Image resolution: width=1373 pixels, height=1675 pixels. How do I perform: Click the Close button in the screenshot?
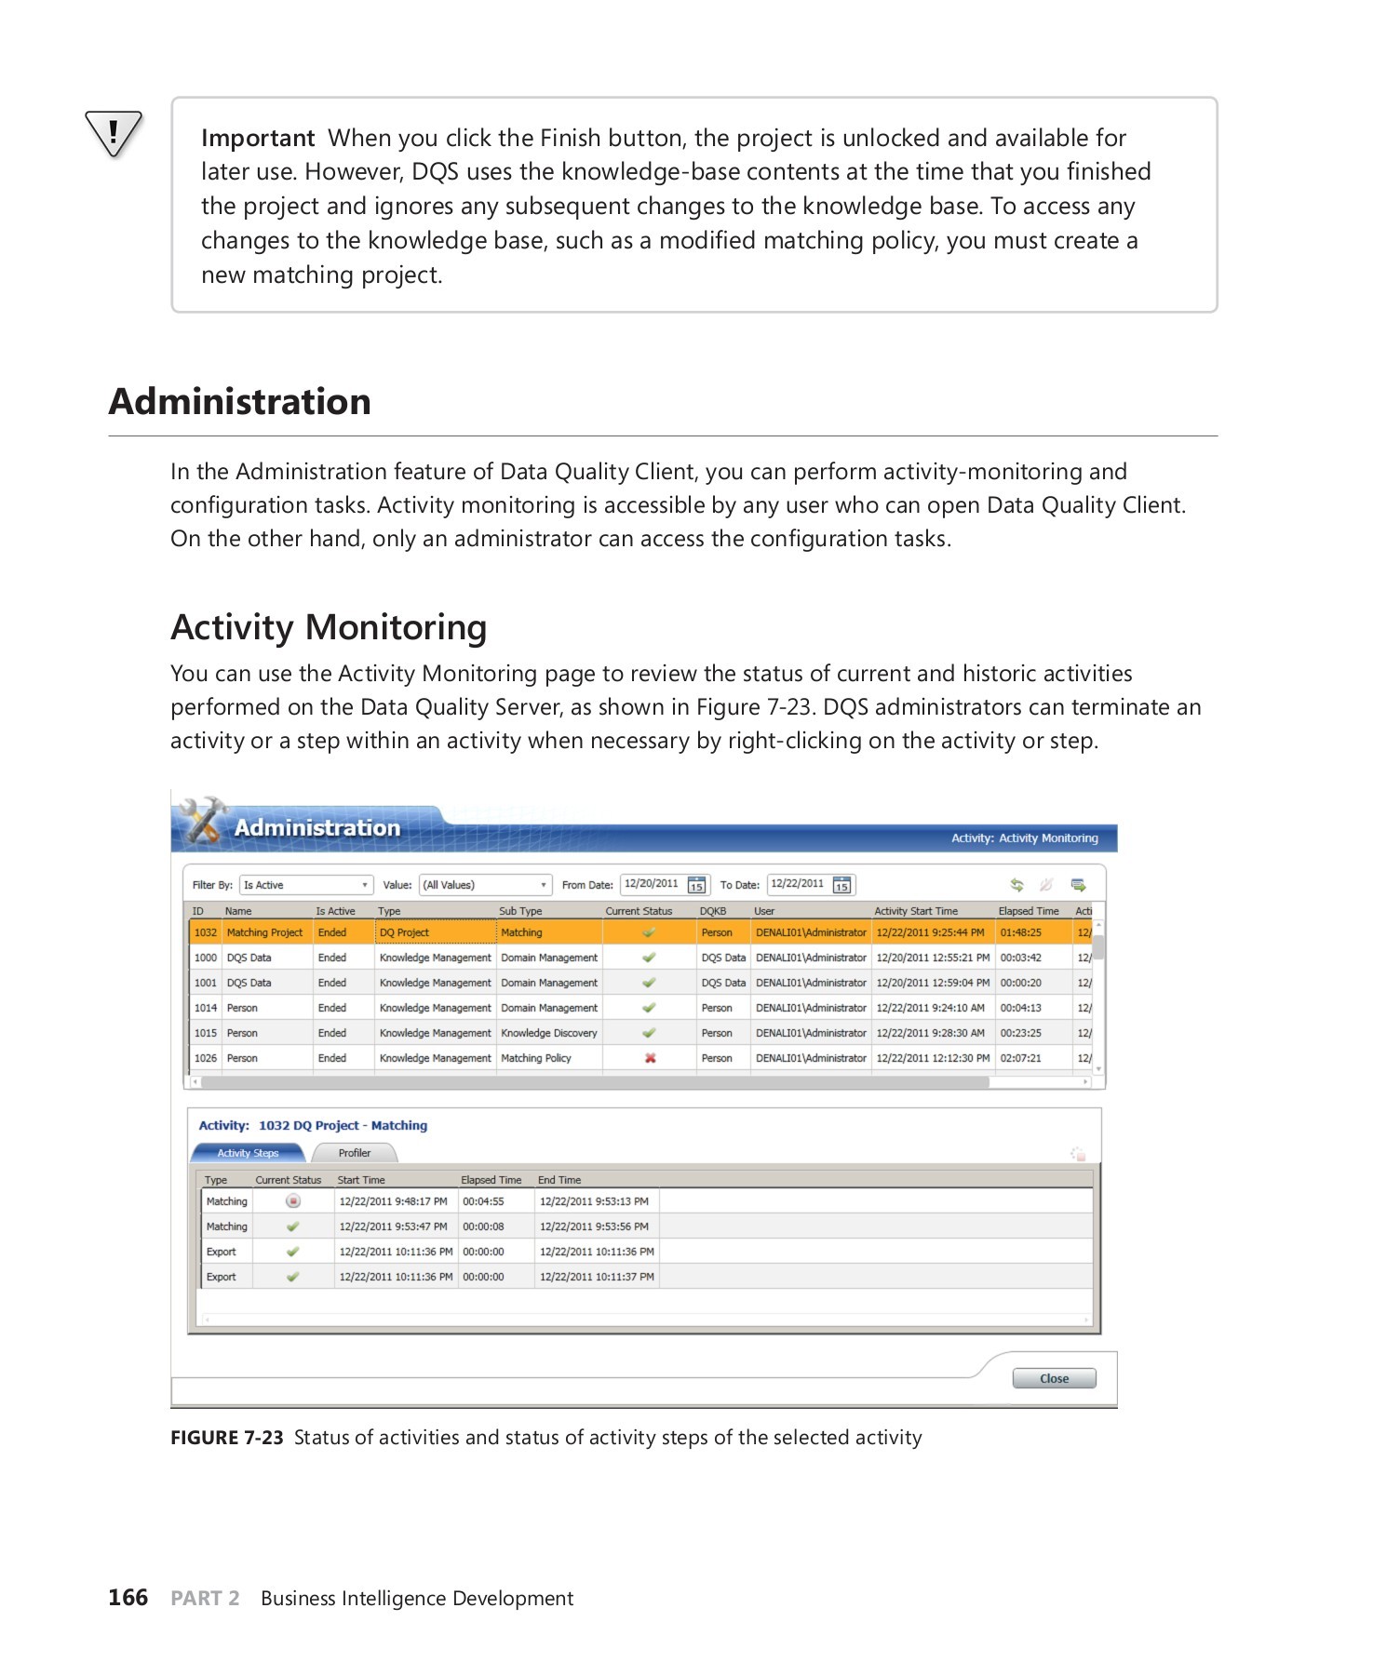[x=1054, y=1378]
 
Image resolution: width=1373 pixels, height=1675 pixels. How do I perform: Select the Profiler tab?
[x=354, y=1153]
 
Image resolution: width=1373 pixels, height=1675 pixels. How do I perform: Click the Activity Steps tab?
[x=248, y=1153]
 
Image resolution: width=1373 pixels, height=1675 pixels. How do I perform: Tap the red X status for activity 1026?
[x=650, y=1058]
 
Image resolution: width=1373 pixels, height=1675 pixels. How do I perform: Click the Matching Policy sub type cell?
[x=536, y=1058]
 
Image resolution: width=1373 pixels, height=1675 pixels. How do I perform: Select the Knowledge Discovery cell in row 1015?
[x=548, y=1033]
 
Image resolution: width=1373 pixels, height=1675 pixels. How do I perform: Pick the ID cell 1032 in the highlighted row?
[x=205, y=932]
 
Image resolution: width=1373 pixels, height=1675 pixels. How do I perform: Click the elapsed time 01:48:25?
[x=1020, y=932]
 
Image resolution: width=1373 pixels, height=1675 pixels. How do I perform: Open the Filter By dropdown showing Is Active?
[x=306, y=885]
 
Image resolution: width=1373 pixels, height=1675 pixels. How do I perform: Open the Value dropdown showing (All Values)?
[x=485, y=885]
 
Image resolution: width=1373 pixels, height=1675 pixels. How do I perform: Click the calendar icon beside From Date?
[x=696, y=885]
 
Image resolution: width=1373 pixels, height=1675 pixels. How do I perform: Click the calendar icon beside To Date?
[x=841, y=885]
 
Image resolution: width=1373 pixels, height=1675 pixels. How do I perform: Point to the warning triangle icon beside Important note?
[x=114, y=133]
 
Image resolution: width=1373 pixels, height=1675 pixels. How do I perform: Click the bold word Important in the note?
[x=258, y=139]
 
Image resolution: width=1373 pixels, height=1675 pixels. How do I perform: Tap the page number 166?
[x=128, y=1598]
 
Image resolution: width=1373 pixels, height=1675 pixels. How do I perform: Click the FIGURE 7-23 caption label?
[x=226, y=1438]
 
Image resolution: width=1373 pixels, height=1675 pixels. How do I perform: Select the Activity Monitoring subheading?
[x=329, y=628]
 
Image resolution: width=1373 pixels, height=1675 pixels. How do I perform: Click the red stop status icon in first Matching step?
[x=293, y=1201]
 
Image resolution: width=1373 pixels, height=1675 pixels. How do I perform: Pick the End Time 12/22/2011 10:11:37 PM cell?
[x=597, y=1277]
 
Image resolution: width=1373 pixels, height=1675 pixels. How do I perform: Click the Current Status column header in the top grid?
[x=639, y=911]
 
